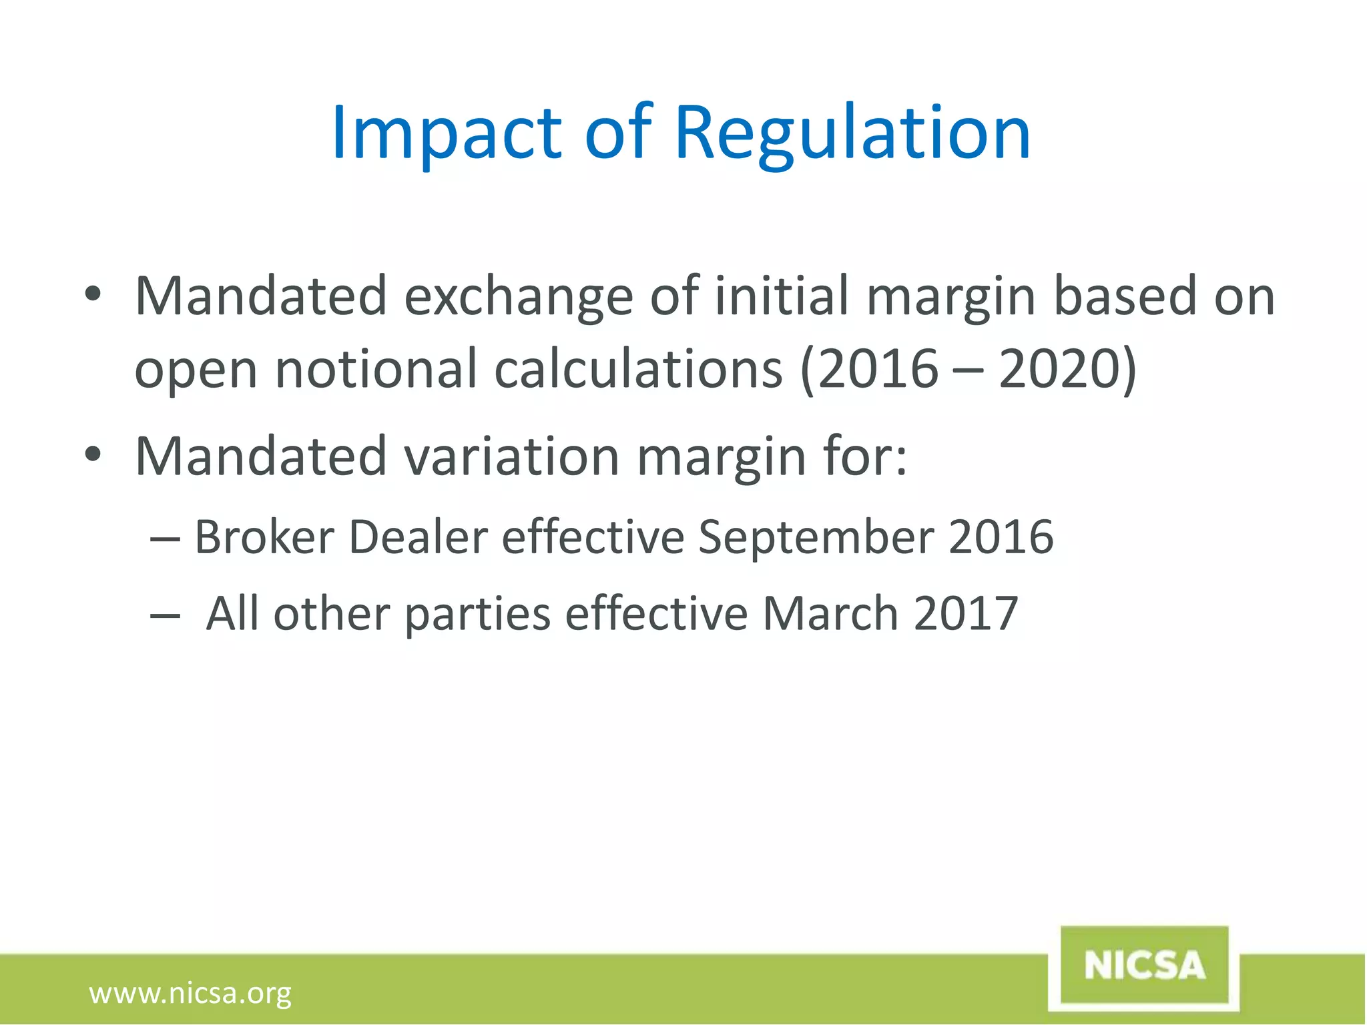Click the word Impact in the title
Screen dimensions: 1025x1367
pyautogui.click(x=446, y=133)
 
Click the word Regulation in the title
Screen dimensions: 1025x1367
pyautogui.click(x=852, y=133)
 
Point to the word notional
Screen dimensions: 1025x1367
pyautogui.click(x=376, y=369)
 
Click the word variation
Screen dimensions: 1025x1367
pyautogui.click(x=512, y=456)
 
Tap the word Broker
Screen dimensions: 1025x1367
pyautogui.click(x=264, y=537)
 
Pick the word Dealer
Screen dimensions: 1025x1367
pyautogui.click(x=418, y=537)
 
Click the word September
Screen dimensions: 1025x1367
pyautogui.click(x=816, y=537)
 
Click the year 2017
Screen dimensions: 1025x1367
pyautogui.click(x=965, y=613)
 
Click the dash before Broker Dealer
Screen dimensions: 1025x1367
pyautogui.click(x=165, y=538)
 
